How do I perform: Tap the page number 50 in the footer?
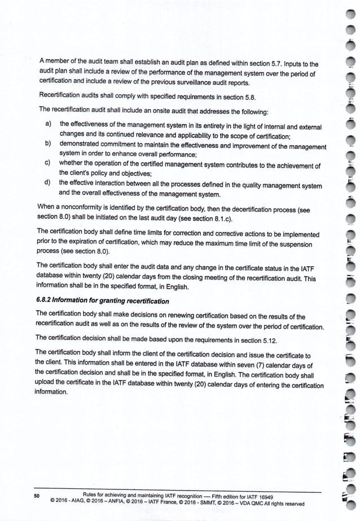[x=36, y=496]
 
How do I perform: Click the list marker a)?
[x=49, y=123]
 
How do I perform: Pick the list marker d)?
[x=49, y=184]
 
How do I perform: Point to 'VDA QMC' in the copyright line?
[x=248, y=504]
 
